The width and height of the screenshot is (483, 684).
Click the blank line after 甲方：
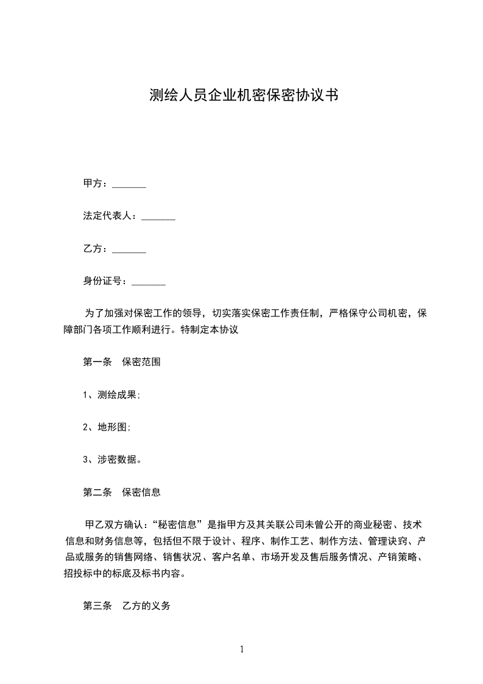(129, 184)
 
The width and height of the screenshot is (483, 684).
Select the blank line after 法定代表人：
(158, 216)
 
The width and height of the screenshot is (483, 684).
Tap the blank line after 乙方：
(129, 249)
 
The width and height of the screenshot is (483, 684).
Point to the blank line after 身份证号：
(149, 282)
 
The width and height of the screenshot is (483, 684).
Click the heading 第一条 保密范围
(122, 362)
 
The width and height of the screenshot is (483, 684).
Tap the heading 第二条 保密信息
(122, 491)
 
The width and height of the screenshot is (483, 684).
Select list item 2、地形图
(107, 427)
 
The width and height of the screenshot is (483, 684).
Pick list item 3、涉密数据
(113, 460)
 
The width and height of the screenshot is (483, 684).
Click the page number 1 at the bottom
(242, 649)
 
